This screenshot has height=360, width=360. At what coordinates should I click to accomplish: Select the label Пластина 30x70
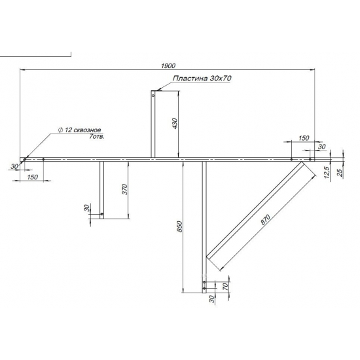[x=203, y=79]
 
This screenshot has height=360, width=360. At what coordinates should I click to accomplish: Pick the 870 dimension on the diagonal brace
[x=264, y=221]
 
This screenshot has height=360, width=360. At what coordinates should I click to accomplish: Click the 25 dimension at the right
[x=339, y=174]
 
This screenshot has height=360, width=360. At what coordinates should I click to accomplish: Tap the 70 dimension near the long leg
[x=226, y=285]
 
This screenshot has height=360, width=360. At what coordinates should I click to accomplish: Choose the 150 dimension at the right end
[x=303, y=138]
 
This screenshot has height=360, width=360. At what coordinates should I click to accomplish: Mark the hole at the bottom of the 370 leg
[x=101, y=213]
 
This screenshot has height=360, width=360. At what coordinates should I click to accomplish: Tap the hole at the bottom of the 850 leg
[x=204, y=287]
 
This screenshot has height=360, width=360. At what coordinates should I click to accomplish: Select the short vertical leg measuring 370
[x=101, y=190]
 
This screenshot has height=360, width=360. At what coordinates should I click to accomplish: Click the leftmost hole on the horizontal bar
[x=24, y=159]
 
